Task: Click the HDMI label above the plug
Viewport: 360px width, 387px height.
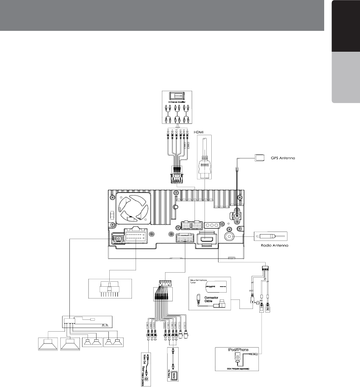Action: coord(200,132)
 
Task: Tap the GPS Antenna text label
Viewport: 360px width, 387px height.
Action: coord(280,159)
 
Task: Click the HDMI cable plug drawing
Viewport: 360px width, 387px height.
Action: coord(204,163)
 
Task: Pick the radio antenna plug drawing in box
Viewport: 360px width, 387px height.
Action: coord(270,236)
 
